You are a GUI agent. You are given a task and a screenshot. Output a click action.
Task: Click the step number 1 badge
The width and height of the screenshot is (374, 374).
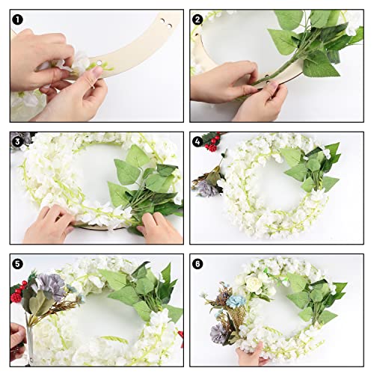click(x=17, y=19)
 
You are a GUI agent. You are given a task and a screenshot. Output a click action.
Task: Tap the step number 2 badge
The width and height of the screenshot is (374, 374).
click(x=197, y=19)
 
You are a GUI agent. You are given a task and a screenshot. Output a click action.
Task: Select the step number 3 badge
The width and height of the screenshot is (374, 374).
click(x=17, y=142)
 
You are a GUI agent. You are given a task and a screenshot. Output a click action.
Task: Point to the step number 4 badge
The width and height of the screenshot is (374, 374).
click(x=197, y=142)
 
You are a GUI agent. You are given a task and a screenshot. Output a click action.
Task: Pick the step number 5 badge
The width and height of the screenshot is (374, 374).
click(x=17, y=264)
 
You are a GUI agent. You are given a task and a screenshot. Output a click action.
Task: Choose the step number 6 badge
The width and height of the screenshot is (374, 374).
click(x=197, y=264)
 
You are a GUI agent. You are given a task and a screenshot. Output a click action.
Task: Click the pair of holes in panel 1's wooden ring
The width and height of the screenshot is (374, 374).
click(x=166, y=22)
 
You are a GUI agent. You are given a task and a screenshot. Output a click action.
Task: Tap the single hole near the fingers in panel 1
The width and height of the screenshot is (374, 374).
click(x=99, y=62)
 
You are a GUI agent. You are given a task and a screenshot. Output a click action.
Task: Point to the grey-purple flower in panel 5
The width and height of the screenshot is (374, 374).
click(x=52, y=286)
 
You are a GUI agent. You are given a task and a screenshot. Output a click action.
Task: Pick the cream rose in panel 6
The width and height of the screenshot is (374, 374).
click(x=254, y=283)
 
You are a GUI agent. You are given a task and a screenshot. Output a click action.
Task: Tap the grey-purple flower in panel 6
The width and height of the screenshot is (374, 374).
click(x=218, y=334)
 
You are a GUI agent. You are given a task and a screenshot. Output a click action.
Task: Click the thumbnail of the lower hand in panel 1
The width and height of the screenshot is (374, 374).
click(x=96, y=73)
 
